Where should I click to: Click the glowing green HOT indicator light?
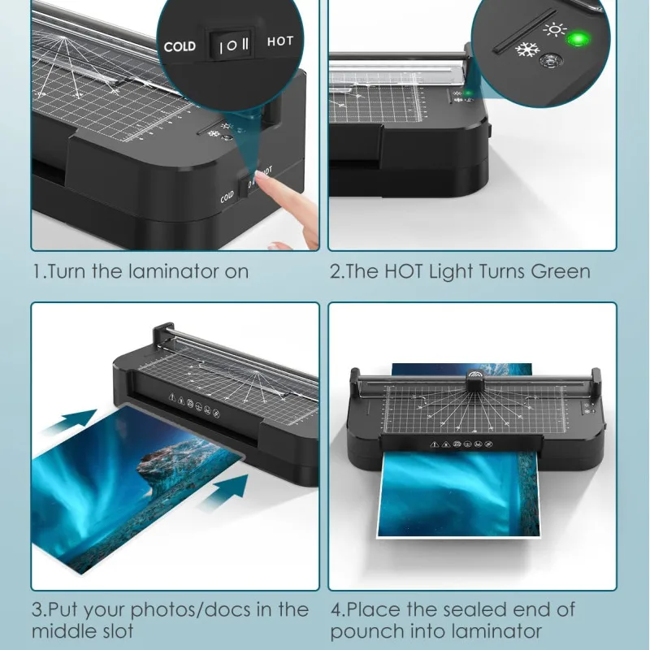point(578,38)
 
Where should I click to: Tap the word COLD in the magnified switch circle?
point(180,46)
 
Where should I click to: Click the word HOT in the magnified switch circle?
point(279,41)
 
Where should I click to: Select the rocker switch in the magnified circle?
point(230,44)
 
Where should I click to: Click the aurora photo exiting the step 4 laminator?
point(459,496)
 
